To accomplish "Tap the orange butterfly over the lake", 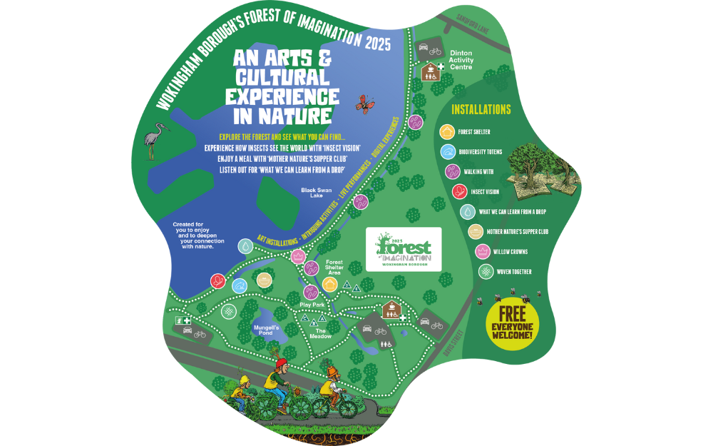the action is pyautogui.click(x=366, y=103).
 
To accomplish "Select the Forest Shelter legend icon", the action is pyautogui.click(x=447, y=131).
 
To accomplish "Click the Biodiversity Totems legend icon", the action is pyautogui.click(x=447, y=151).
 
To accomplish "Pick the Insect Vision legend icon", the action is pyautogui.click(x=460, y=191).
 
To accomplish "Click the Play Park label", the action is pyautogui.click(x=312, y=305).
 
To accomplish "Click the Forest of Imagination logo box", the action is pyautogui.click(x=403, y=249).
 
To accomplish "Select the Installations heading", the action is pyautogui.click(x=481, y=110).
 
